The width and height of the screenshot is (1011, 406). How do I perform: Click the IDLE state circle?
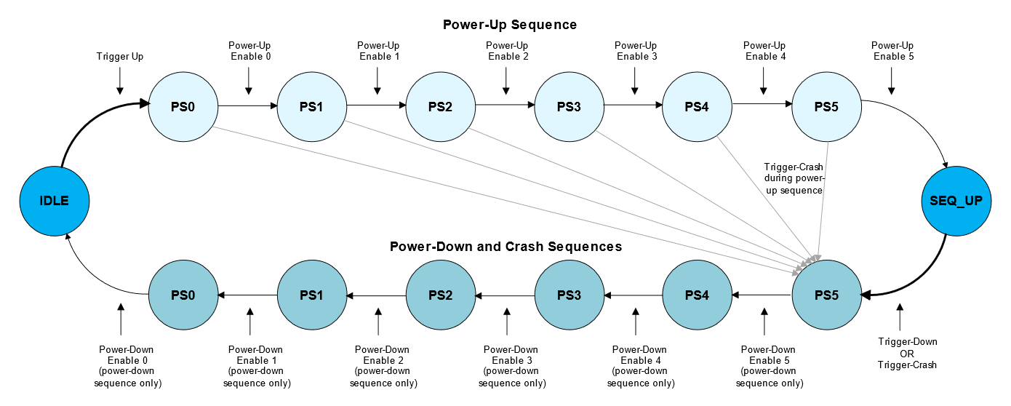[x=55, y=201]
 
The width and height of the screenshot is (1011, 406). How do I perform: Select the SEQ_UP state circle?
[x=956, y=201]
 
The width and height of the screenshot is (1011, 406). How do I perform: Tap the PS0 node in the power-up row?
[x=183, y=106]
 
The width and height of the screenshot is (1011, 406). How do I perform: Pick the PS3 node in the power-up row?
[x=569, y=106]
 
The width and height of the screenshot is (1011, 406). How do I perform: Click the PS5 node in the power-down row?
[x=827, y=295]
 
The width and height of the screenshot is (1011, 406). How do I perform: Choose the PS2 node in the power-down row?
[x=441, y=295]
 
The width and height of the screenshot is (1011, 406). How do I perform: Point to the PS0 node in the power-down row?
[x=183, y=295]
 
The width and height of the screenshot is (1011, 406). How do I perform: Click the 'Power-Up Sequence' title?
[x=510, y=25]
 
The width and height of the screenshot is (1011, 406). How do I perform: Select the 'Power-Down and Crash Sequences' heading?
[x=506, y=246]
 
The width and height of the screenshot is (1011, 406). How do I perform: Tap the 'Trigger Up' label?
[x=119, y=57]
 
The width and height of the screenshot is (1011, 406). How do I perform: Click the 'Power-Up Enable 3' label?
[x=636, y=51]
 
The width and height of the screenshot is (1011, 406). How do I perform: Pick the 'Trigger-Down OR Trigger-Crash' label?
[x=907, y=353]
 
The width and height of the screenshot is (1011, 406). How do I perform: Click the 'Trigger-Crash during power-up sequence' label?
[x=794, y=178]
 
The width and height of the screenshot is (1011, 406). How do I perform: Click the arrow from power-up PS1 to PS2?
[x=377, y=106]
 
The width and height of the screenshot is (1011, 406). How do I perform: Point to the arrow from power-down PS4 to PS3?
[x=634, y=295]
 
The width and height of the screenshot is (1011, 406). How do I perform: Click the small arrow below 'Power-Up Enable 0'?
[x=248, y=81]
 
